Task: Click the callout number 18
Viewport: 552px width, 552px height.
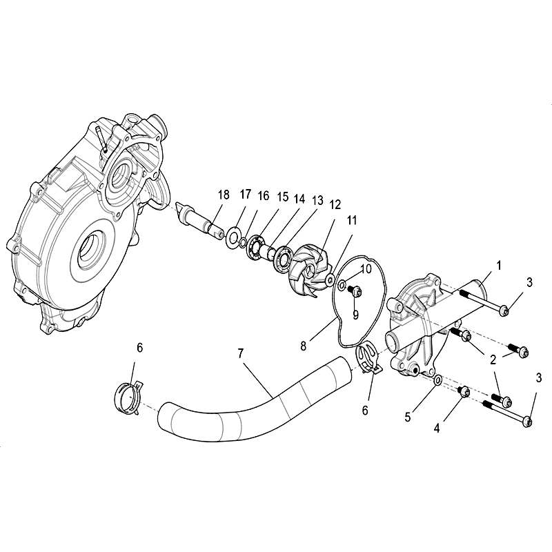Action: (224, 195)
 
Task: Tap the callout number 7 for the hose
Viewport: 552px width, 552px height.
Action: (241, 353)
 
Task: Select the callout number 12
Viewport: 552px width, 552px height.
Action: (335, 204)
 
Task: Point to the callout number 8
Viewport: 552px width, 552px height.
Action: (304, 346)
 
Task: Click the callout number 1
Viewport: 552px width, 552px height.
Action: (499, 266)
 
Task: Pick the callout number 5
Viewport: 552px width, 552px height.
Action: (408, 417)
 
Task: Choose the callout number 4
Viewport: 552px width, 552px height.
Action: (437, 428)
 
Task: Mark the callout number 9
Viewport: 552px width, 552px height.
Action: (355, 315)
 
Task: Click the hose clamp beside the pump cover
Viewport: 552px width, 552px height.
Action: (368, 357)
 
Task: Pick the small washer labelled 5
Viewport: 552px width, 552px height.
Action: (438, 381)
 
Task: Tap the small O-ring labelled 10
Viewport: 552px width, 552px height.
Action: (342, 286)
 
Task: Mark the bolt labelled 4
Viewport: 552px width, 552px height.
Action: (463, 391)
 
